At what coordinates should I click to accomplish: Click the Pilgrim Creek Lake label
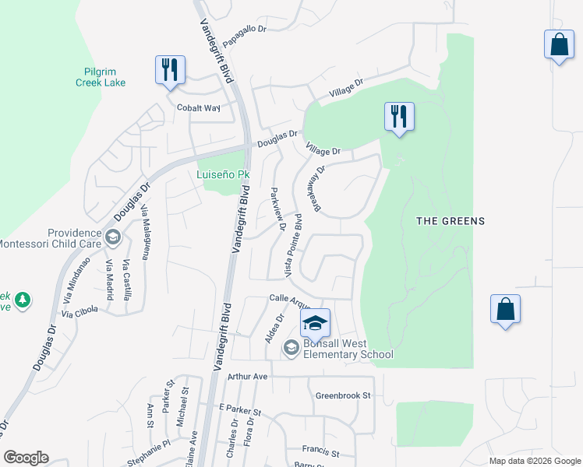click(101, 76)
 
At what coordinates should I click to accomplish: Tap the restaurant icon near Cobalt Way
click(170, 70)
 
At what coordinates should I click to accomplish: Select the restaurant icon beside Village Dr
click(399, 117)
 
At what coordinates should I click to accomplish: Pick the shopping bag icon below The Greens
click(505, 309)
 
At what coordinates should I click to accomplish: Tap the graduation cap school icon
click(316, 323)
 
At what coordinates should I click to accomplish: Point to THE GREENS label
click(450, 221)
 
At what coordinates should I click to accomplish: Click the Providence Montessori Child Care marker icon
click(113, 237)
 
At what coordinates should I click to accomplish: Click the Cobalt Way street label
click(199, 108)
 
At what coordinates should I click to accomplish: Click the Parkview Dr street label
click(277, 209)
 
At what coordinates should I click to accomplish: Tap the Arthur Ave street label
click(247, 377)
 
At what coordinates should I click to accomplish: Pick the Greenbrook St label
click(343, 395)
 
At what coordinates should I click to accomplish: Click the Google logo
click(26, 458)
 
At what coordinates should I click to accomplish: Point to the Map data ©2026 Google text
click(534, 461)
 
